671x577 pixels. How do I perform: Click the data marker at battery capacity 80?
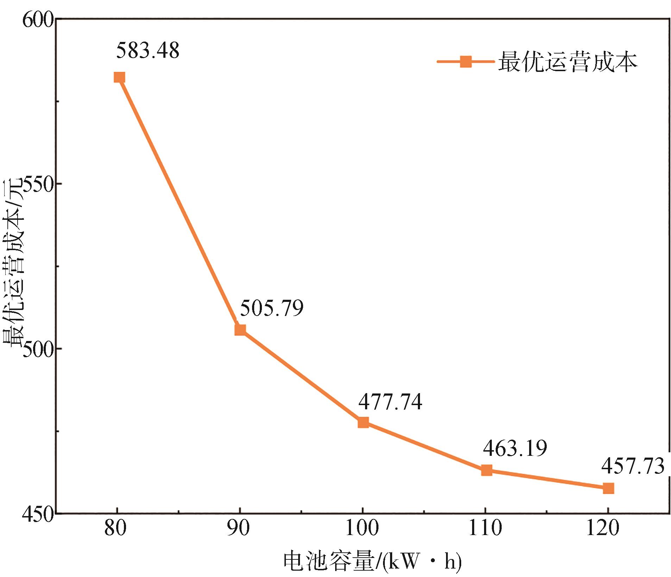119,77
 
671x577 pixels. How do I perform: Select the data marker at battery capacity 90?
240,330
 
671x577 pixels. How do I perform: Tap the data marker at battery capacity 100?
363,422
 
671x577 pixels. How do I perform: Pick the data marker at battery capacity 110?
487,470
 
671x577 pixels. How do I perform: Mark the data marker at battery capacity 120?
608,488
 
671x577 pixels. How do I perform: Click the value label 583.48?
148,50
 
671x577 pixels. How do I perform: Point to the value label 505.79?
272,308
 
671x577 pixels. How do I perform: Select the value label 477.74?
390,402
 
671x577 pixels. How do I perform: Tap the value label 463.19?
515,448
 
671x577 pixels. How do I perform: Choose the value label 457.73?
633,466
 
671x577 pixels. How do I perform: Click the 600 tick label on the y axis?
38,20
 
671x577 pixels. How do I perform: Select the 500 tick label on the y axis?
38,349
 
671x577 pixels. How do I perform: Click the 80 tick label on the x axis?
115,528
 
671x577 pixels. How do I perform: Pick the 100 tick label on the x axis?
362,528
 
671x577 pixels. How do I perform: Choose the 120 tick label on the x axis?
603,528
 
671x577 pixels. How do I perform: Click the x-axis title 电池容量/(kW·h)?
372,561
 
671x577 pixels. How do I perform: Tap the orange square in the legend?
465,62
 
